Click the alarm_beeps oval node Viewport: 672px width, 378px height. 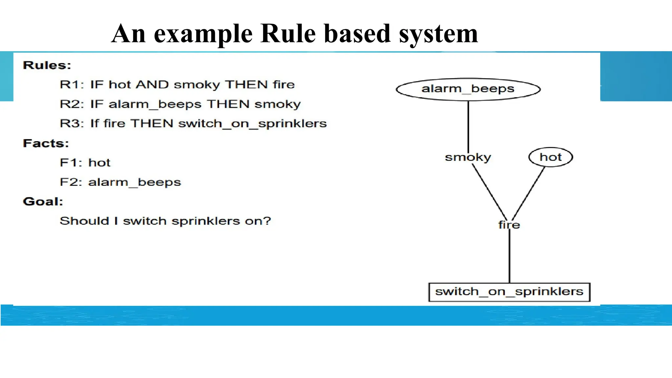468,89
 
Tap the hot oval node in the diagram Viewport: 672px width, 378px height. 551,157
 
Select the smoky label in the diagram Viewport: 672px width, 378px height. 468,157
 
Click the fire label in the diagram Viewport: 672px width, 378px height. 509,225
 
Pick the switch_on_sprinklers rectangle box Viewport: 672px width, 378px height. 509,292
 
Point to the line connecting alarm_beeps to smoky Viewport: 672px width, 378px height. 468,126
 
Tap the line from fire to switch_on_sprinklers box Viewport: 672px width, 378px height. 509,256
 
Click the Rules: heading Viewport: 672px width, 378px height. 47,65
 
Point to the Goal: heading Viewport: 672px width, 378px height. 43,201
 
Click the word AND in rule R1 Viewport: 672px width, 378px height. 152,85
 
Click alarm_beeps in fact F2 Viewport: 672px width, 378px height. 135,182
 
